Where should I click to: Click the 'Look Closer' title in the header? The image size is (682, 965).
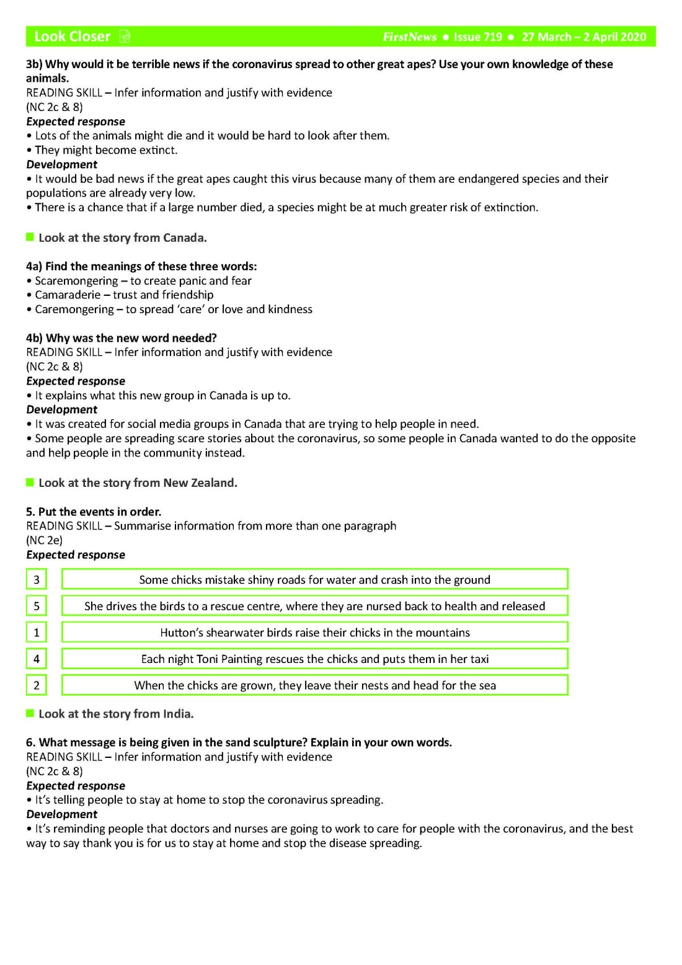[72, 37]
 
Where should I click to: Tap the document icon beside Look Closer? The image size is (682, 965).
[125, 37]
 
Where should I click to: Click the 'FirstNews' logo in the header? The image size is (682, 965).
[409, 37]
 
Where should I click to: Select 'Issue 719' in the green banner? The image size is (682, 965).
[477, 37]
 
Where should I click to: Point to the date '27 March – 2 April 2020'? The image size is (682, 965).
[583, 37]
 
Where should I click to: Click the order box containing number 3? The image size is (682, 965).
[37, 580]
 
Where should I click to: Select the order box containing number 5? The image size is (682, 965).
[37, 606]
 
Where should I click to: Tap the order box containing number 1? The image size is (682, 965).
[37, 633]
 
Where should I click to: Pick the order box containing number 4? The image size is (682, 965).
[37, 659]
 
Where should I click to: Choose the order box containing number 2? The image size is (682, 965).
[37, 685]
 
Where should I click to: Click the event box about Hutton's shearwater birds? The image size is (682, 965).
[314, 633]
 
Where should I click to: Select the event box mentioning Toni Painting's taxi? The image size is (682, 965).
[314, 659]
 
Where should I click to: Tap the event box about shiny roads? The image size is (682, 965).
[314, 580]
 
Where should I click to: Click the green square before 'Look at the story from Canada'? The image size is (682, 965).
[30, 238]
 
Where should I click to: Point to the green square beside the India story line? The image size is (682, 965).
[30, 714]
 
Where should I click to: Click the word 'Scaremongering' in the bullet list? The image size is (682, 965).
[76, 281]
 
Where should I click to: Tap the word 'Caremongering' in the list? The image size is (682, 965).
[74, 309]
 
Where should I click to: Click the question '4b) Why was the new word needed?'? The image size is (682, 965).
[122, 338]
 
